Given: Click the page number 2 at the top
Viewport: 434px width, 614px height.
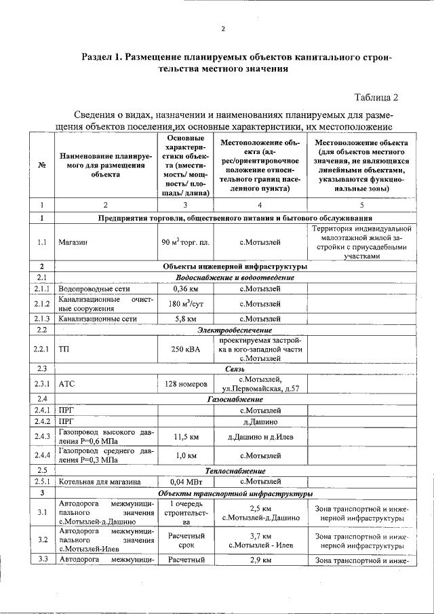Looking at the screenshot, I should [x=222, y=28].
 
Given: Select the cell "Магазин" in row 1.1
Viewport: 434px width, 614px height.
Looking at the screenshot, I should [x=71, y=242].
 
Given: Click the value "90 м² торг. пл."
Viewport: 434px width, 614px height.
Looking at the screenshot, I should [x=185, y=242].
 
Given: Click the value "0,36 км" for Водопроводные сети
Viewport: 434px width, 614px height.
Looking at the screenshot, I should [x=185, y=288].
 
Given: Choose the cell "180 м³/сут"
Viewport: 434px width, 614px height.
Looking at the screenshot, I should [x=185, y=303].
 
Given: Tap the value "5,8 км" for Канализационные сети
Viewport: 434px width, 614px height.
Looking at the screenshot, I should [x=185, y=318].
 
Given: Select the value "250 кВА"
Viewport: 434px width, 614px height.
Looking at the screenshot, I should [x=185, y=349].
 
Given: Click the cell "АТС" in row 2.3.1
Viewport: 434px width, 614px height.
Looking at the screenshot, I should [x=66, y=383].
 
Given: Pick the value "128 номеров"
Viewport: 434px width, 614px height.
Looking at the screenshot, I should [x=185, y=383].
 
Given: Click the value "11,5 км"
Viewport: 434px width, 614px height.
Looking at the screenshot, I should [x=185, y=436].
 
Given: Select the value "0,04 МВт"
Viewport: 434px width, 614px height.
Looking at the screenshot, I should [x=185, y=482].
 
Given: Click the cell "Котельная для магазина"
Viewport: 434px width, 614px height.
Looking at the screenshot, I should [x=99, y=482].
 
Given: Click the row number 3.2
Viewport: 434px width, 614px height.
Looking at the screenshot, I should [x=42, y=540].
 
